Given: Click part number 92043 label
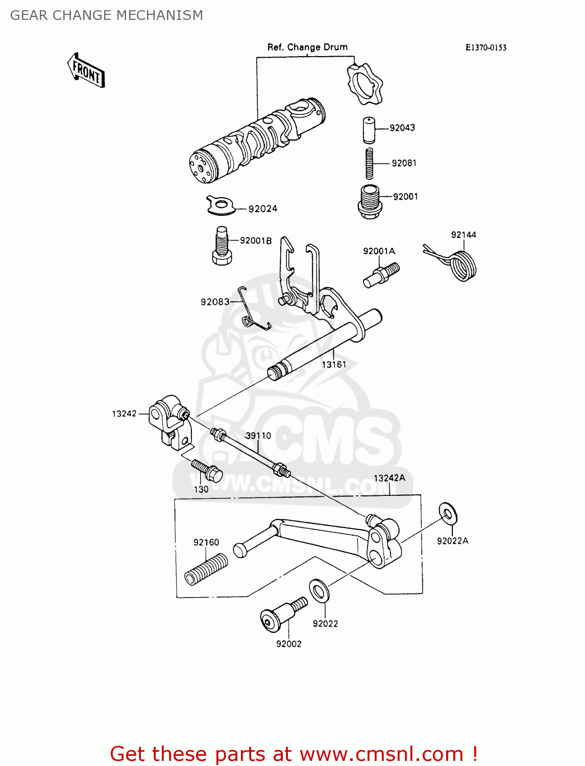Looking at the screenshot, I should click(x=402, y=128).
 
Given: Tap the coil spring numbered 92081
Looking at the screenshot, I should click(x=369, y=163).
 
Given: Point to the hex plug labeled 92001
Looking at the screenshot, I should click(x=368, y=201).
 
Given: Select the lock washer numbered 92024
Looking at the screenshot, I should click(x=221, y=205).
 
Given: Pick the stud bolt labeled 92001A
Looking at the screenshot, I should click(x=381, y=274).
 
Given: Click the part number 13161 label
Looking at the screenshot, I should click(x=334, y=364).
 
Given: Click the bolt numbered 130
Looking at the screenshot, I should click(x=207, y=470).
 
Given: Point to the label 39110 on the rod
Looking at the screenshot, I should click(x=258, y=436).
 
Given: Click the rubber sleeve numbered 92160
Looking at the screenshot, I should click(x=206, y=569).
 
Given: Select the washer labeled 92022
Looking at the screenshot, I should click(x=320, y=591).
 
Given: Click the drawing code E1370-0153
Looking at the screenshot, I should click(x=485, y=47).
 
